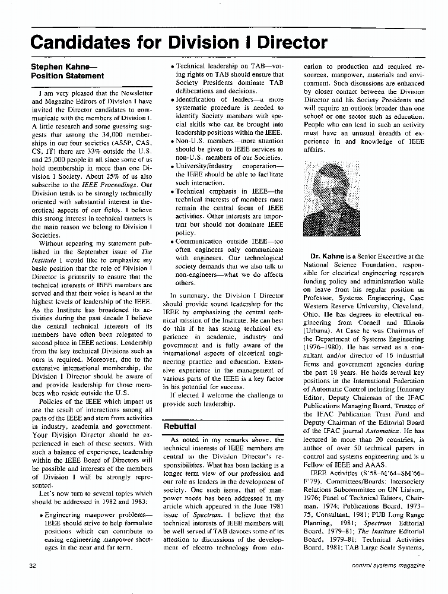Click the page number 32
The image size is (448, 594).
coord(33,566)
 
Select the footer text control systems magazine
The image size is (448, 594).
coord(389,566)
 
